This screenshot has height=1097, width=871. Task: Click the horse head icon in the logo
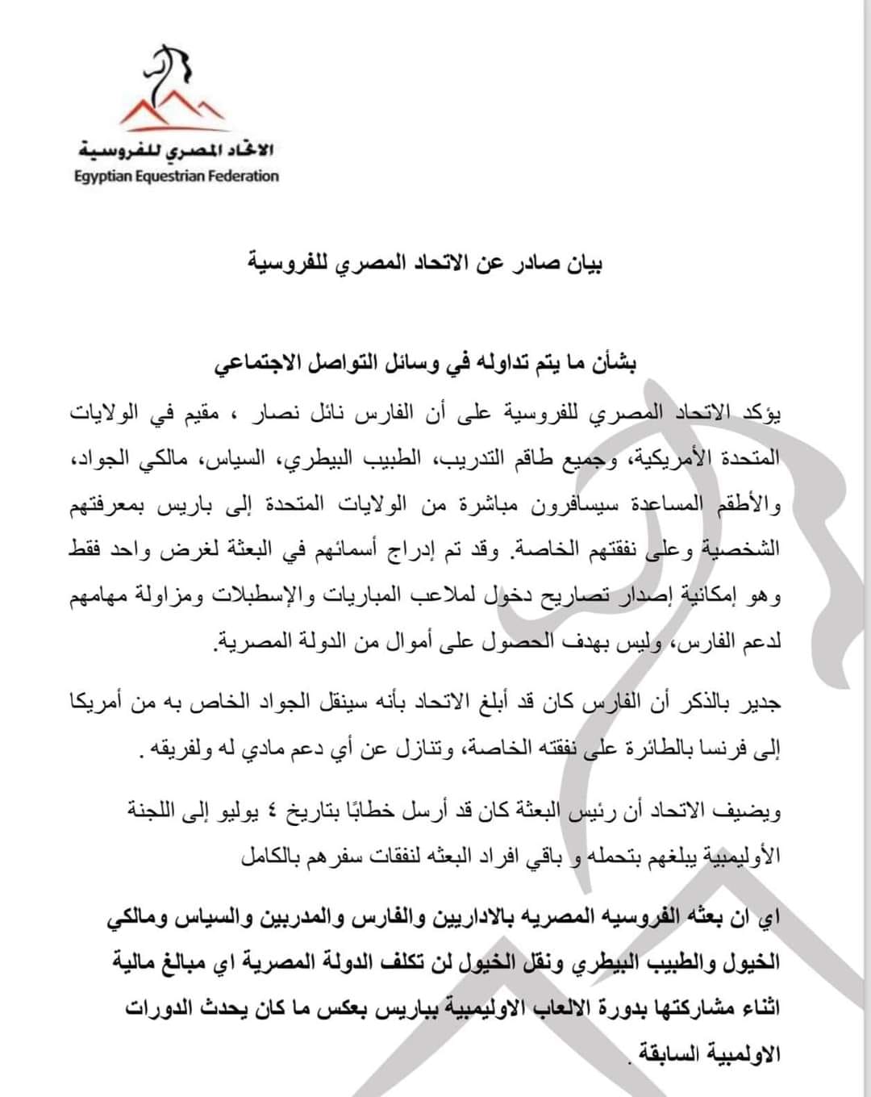click(167, 70)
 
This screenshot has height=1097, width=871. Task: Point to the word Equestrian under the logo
click(169, 177)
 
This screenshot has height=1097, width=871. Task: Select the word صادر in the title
click(532, 264)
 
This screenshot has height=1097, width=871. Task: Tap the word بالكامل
click(270, 857)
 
